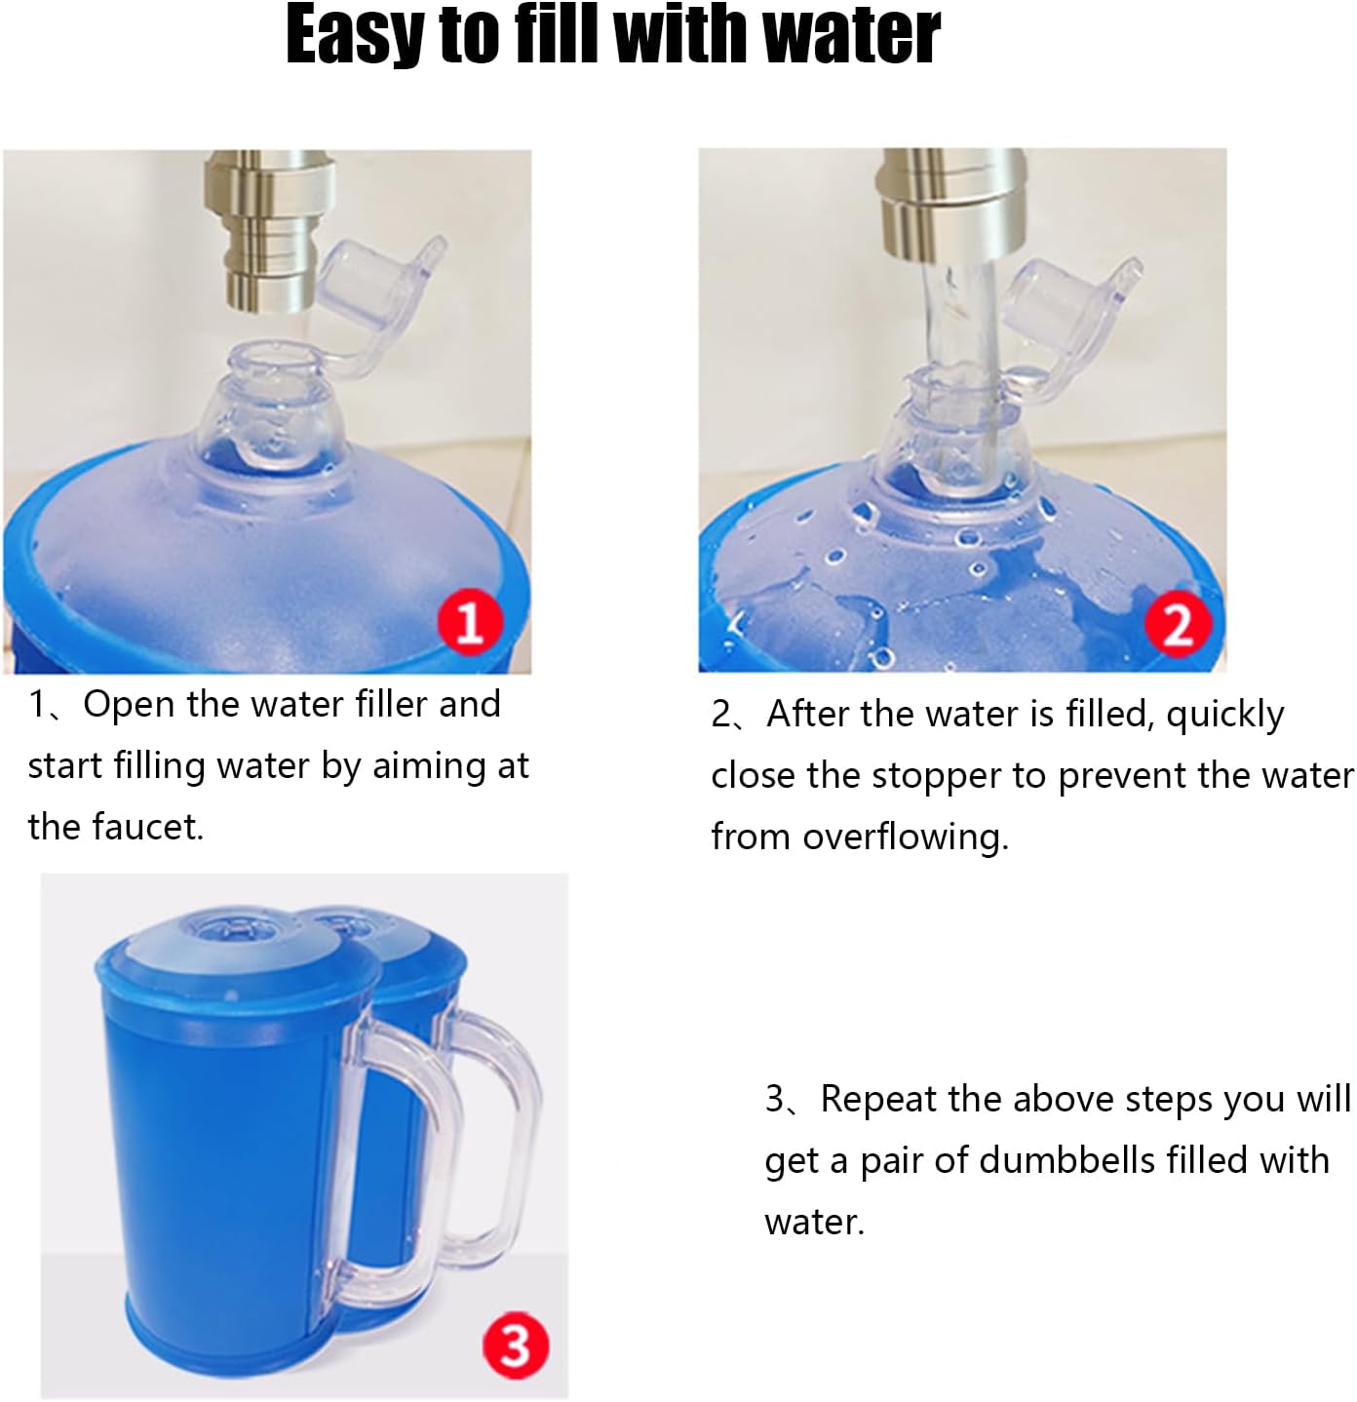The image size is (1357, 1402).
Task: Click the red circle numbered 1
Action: (470, 620)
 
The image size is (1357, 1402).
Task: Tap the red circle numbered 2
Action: (1178, 623)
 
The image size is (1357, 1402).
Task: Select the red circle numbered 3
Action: (515, 1345)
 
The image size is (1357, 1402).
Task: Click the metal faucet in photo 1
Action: (269, 230)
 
